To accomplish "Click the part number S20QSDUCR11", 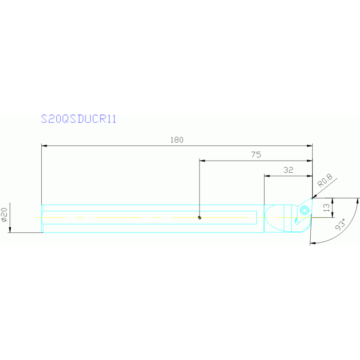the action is [78, 119].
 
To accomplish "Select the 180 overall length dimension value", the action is [177, 140].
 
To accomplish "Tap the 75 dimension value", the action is [256, 154].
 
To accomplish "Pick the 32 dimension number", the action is [288, 170].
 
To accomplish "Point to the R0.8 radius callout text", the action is [324, 180].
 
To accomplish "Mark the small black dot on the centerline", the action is [200, 217].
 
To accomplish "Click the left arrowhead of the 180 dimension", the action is [44, 146].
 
